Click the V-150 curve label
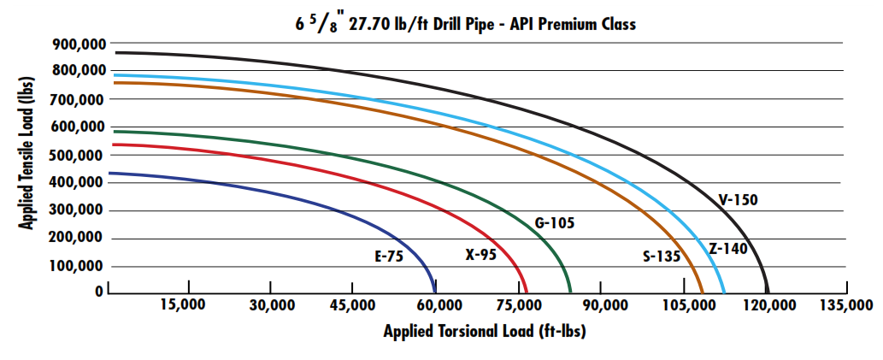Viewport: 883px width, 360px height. pos(738,200)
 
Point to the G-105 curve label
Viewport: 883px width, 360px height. pos(554,223)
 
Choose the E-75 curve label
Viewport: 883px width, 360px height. pos(388,254)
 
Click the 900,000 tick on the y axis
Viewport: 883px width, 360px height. pos(78,44)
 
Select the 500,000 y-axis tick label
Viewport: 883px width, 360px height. pos(78,156)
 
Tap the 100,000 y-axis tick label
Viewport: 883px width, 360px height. pos(78,267)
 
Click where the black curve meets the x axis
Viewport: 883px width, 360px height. pos(768,292)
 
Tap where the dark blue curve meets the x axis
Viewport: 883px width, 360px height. pos(435,292)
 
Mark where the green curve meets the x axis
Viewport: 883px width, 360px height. pos(570,292)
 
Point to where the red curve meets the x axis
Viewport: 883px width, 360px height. pos(527,292)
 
